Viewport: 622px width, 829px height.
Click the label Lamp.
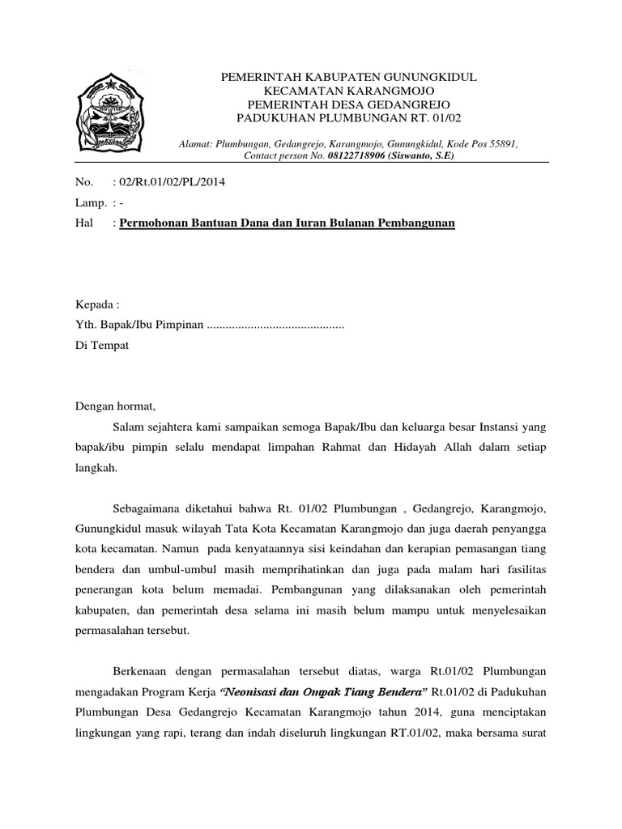click(87, 202)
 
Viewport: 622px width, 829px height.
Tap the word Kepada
click(96, 305)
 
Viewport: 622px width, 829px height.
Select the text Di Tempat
click(100, 345)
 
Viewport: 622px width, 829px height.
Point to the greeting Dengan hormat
click(113, 406)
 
